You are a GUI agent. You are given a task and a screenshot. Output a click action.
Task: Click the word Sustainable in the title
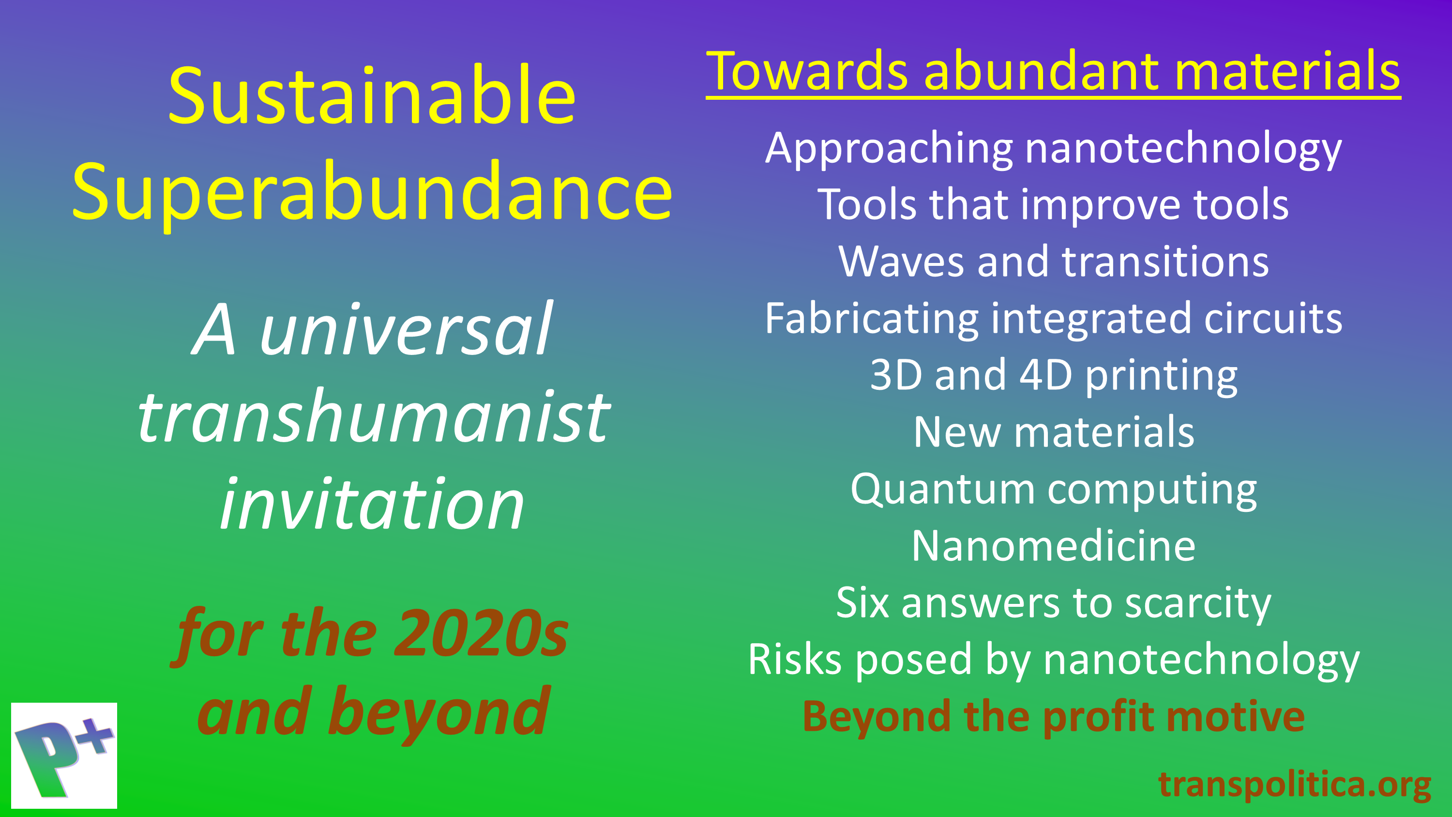click(x=372, y=97)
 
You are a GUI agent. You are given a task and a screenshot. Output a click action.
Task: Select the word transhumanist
click(x=374, y=417)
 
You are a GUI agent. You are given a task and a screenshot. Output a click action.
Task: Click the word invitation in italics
click(x=372, y=505)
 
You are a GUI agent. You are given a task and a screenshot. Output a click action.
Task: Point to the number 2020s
click(x=481, y=634)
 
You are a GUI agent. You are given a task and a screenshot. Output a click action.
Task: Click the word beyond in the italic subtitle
click(x=439, y=713)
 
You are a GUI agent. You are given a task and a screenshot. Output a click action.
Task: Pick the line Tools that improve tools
click(x=1053, y=205)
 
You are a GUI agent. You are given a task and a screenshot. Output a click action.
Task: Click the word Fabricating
click(x=871, y=319)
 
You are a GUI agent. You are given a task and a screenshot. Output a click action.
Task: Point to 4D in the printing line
click(x=1045, y=375)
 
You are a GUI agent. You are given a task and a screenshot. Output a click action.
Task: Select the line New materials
click(x=1053, y=432)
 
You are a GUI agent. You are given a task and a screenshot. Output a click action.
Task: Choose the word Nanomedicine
click(x=1053, y=546)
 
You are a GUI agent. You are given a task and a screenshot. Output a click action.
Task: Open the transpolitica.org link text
click(x=1294, y=785)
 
